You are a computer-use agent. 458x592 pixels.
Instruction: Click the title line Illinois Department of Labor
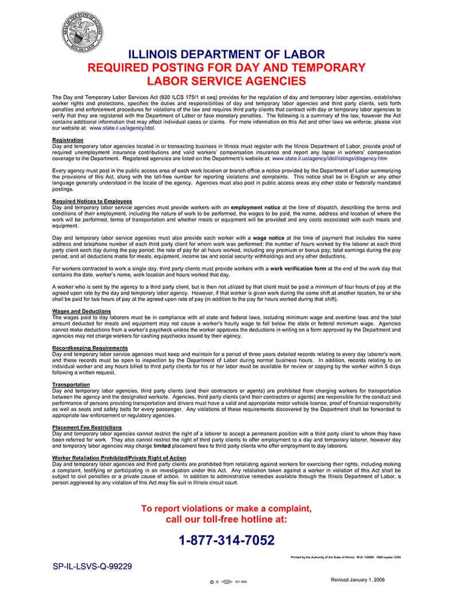pos(226,54)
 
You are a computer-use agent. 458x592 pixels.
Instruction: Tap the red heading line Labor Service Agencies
pos(226,81)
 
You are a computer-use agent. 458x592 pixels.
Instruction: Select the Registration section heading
pos(68,140)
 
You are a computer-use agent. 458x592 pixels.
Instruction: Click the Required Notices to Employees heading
pos(92,201)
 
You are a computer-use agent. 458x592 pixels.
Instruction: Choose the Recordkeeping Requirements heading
pos(90,348)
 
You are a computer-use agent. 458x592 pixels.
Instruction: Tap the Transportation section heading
pos(70,384)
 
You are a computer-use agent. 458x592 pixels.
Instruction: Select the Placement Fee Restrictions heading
pos(87,427)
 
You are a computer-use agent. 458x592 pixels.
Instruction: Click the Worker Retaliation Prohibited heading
pos(119,458)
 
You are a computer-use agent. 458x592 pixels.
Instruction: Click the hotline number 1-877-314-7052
pos(227,540)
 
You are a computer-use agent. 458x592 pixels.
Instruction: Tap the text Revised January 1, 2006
pos(358,579)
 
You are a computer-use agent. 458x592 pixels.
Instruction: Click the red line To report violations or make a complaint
pos(227,508)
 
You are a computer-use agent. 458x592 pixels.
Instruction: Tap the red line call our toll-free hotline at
pos(227,520)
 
